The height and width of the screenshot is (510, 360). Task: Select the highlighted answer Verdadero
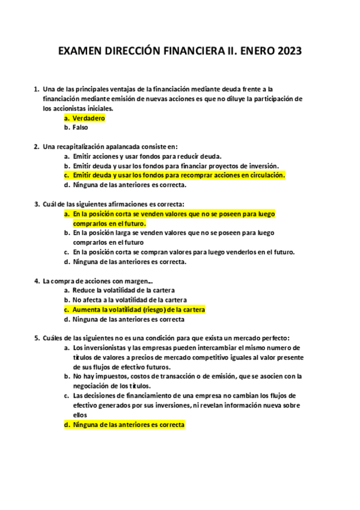[88, 118]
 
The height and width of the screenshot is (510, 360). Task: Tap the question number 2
[37, 146]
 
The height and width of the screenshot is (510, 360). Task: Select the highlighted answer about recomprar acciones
[178, 175]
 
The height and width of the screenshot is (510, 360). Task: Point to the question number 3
[37, 204]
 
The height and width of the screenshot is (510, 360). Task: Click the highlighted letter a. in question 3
[67, 214]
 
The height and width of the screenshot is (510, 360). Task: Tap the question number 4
[37, 280]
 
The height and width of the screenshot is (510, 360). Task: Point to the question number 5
[37, 337]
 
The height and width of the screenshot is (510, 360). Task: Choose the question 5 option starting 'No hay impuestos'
[186, 376]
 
